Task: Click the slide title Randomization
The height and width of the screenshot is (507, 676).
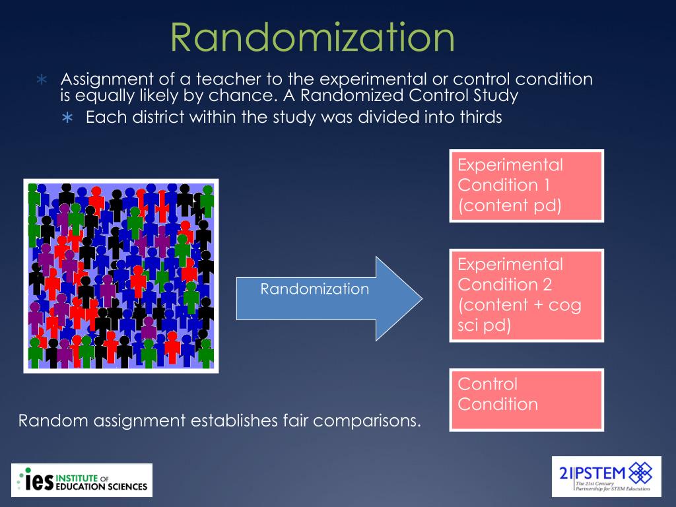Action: tap(313, 38)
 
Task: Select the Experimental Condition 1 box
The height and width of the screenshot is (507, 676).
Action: tap(526, 186)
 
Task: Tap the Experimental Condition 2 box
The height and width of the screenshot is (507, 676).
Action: tap(526, 295)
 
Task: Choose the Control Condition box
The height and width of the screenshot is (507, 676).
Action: tap(526, 399)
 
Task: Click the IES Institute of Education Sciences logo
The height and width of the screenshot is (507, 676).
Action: tap(82, 481)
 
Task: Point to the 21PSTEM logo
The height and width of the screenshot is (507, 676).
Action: tap(606, 476)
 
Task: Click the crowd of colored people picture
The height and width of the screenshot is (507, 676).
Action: tap(121, 276)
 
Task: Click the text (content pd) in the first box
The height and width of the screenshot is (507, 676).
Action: tap(510, 205)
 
